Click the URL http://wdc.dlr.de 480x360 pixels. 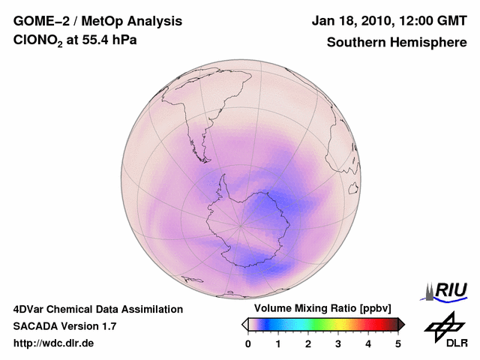54,343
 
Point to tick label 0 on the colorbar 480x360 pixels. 248,343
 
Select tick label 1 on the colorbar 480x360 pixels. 278,343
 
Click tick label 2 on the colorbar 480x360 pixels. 308,343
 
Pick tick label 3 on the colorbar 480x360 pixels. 338,343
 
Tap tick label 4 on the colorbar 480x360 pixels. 368,343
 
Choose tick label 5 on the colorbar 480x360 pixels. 398,343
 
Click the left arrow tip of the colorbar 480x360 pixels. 244,324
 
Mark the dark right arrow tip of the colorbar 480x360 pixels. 402,324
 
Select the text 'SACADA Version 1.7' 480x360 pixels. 64,326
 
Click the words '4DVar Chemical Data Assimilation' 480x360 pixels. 97,309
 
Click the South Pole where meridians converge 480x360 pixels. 241,223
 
